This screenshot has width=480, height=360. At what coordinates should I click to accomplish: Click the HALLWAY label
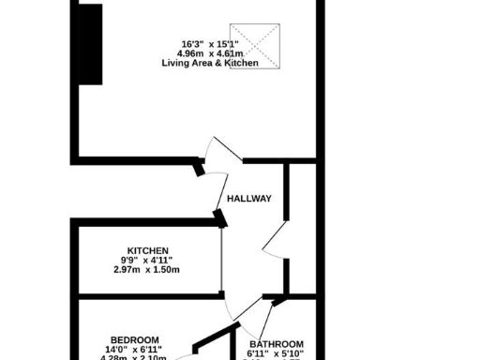(249, 199)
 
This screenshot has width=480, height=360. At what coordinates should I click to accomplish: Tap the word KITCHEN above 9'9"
(148, 250)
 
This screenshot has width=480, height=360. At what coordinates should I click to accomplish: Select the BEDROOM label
(134, 339)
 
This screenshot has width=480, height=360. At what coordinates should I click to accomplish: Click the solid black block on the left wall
(90, 44)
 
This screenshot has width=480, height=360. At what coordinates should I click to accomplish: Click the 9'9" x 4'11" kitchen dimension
(146, 261)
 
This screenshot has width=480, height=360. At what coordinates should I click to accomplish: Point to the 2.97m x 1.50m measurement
(146, 271)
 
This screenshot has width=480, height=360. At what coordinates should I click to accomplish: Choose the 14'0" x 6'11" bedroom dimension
(134, 350)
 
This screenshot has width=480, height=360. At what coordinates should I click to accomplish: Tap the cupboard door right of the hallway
(276, 240)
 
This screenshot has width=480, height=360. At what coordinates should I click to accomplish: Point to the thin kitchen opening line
(222, 262)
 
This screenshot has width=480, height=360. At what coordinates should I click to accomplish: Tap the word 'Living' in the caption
(174, 63)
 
